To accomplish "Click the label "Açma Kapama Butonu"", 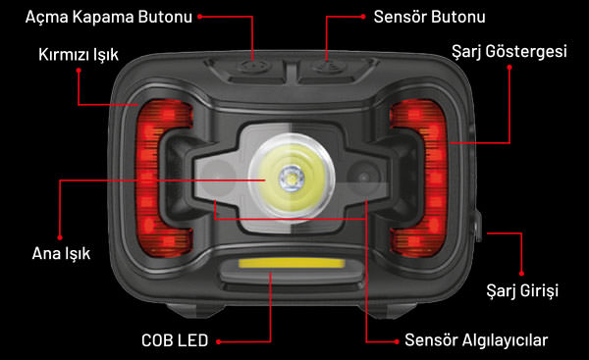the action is pyautogui.click(x=109, y=18).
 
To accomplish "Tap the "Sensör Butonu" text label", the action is pyautogui.click(x=429, y=17).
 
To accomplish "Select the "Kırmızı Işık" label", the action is pyautogui.click(x=79, y=55).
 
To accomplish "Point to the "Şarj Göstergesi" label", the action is pyautogui.click(x=509, y=52).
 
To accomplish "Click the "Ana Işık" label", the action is pyautogui.click(x=61, y=254).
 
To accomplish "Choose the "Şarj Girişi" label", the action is pyautogui.click(x=522, y=291).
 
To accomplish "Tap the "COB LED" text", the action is pyautogui.click(x=175, y=340).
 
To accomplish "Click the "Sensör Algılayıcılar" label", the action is pyautogui.click(x=476, y=340).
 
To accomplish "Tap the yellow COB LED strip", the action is pyautogui.click(x=292, y=263).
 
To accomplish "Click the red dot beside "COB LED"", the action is pyautogui.click(x=219, y=342).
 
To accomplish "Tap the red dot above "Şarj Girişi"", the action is pyautogui.click(x=521, y=274).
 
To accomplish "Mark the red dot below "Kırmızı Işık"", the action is pyautogui.click(x=79, y=71).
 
